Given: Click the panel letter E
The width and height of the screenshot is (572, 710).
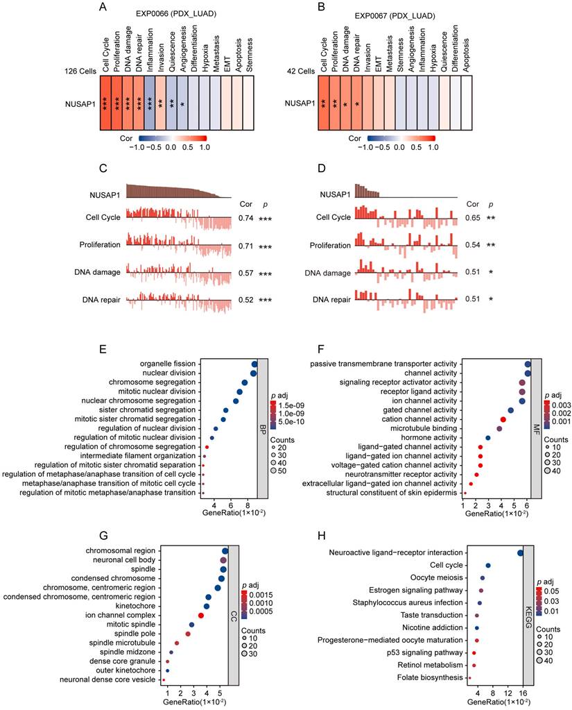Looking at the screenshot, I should (102, 350).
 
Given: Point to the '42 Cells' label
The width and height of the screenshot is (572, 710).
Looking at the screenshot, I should (297, 71).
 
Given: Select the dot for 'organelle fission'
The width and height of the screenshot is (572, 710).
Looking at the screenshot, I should (254, 364).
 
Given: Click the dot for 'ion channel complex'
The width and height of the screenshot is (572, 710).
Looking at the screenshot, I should (200, 615).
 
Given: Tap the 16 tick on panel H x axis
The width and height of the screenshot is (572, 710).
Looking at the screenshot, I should (521, 693).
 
